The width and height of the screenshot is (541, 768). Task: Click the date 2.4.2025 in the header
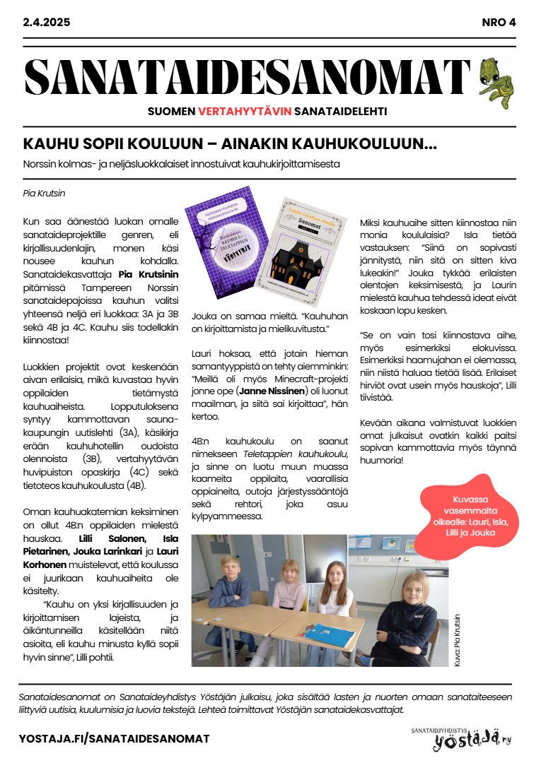point(47,22)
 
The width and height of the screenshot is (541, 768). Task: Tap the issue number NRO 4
point(498,22)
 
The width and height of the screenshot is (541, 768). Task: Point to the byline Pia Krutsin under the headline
point(44,193)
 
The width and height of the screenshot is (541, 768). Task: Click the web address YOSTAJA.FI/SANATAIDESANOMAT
point(115,738)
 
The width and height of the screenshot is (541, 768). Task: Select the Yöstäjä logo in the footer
point(463,738)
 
